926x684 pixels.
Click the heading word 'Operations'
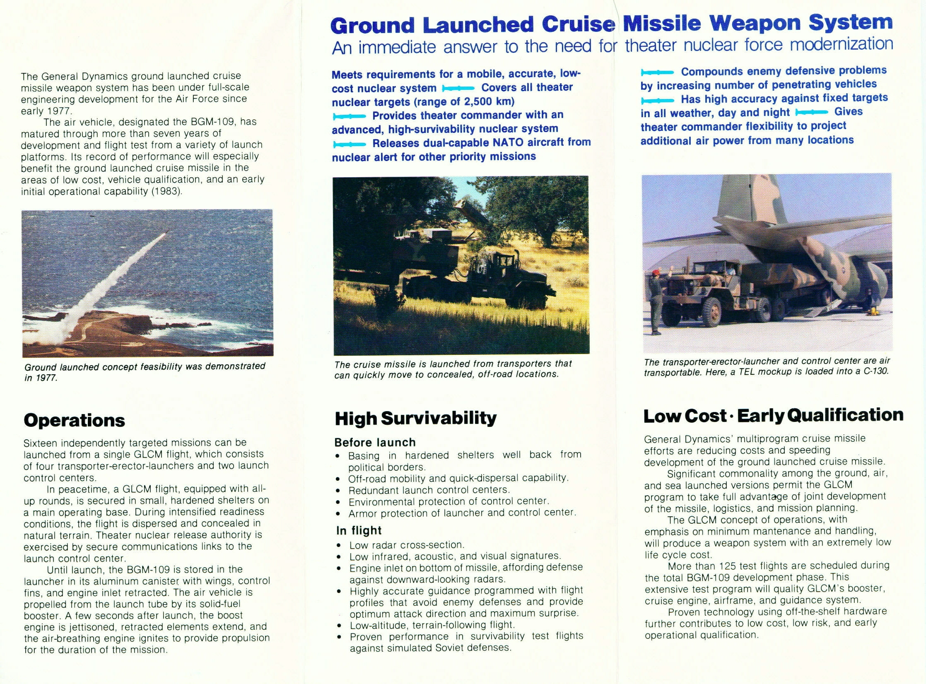[x=75, y=420]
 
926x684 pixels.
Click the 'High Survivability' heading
[x=415, y=418]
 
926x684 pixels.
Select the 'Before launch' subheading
[x=375, y=442]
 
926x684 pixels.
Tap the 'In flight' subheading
[x=359, y=530]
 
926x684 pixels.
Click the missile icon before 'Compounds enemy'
[x=657, y=72]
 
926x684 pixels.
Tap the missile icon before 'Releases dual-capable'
[x=349, y=144]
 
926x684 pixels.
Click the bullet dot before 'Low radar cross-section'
[x=340, y=545]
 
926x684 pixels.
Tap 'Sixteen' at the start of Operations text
[x=41, y=443]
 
